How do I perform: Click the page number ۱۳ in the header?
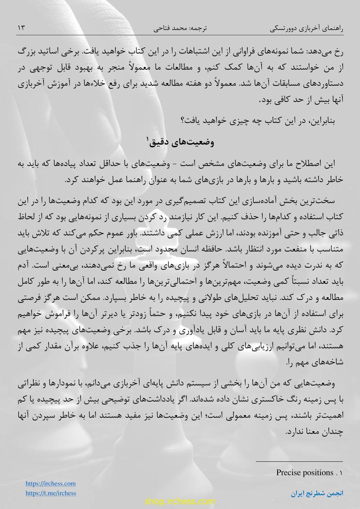coord(22,28)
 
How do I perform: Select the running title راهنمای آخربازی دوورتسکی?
coord(307,29)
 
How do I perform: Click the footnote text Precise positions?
coord(305,472)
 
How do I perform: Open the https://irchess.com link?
coord(51,483)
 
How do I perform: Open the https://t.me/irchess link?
coord(51,493)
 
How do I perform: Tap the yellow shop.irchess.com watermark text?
coord(180,501)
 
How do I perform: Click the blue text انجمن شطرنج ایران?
coord(317,493)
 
